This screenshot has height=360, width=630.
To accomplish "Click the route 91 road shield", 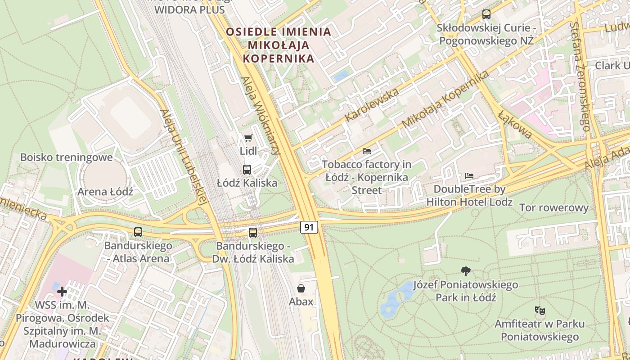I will pos(309,227).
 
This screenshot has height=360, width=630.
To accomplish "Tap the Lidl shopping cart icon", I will pos(248,138).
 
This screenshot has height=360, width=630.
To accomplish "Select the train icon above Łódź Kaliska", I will pos(247,170).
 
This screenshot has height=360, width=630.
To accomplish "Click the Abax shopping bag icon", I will pos(301,288).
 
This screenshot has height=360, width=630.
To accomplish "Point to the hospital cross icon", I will pos(62,292).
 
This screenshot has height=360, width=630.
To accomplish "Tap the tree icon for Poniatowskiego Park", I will pos(466,271).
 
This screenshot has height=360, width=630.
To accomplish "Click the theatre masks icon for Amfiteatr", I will pos(540,310).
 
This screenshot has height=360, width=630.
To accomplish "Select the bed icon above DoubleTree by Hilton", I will pos(469,175).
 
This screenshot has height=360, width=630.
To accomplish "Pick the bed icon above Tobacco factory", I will pos(367,151).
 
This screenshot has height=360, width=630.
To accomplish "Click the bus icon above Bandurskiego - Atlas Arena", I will pos(138,232).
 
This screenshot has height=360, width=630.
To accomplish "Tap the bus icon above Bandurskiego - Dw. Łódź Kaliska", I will pos(253,233).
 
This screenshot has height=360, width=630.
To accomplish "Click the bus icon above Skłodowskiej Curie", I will pos(486,14).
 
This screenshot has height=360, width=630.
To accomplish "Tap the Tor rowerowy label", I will pos(553,208).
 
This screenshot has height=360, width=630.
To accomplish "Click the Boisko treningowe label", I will pos(66,157).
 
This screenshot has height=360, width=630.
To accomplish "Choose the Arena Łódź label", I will pos(105,192).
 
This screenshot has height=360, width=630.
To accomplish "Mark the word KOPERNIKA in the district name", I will pos(278,58).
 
